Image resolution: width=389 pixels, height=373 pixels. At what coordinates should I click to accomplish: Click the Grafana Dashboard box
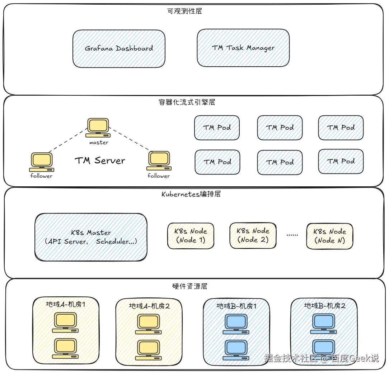(x=119, y=48)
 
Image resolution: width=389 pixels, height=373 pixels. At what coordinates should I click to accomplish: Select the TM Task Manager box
(x=243, y=48)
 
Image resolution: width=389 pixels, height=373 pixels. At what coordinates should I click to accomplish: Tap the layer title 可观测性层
(x=184, y=11)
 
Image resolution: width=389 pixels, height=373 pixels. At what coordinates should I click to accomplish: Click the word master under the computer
(x=99, y=143)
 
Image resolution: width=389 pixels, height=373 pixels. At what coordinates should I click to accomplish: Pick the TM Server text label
(x=100, y=161)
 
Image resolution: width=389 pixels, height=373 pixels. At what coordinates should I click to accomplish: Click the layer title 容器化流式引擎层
(x=187, y=102)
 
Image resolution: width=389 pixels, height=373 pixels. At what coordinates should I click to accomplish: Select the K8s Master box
(x=91, y=237)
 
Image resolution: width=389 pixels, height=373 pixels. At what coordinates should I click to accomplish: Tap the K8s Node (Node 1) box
(x=191, y=236)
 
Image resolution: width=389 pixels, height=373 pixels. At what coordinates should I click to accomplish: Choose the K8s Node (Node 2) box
(x=253, y=235)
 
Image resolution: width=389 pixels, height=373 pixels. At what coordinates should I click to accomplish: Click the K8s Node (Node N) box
(x=329, y=236)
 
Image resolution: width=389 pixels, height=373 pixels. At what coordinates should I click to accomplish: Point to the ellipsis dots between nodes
(x=292, y=235)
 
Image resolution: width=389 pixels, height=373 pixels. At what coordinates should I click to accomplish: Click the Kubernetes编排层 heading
(x=191, y=194)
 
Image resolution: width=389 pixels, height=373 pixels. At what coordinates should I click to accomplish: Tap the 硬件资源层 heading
(x=189, y=286)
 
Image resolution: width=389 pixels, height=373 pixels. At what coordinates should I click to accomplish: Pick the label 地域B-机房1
(x=236, y=306)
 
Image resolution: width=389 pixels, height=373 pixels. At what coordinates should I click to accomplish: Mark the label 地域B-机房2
(x=324, y=306)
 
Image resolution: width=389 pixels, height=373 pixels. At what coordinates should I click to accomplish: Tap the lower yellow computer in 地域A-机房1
(x=65, y=348)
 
